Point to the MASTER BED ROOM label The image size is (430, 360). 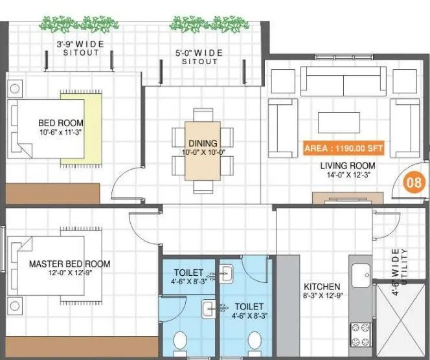(x=69, y=264)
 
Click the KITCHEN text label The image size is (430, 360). (x=322, y=287)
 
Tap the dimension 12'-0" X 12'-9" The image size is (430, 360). (x=67, y=275)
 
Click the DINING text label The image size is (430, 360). (x=202, y=143)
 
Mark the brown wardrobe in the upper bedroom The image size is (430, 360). (x=53, y=192)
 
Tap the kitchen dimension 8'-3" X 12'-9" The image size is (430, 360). (x=322, y=297)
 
